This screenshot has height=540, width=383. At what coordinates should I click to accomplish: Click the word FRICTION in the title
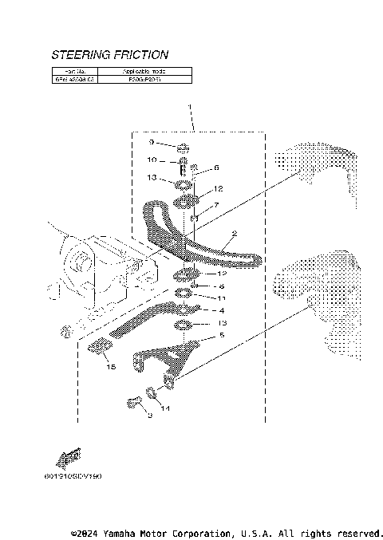pyautogui.click(x=141, y=55)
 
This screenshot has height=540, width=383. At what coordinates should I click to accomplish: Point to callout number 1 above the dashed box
pyautogui.click(x=190, y=107)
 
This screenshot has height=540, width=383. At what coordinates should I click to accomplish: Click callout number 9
pyautogui.click(x=150, y=143)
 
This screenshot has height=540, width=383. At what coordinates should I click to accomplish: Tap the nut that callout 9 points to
pyautogui.click(x=182, y=147)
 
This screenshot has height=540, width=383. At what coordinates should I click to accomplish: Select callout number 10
pyautogui.click(x=150, y=160)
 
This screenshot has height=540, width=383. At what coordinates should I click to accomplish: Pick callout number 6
pyautogui.click(x=215, y=168)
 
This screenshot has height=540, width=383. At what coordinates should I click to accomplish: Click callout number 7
pyautogui.click(x=215, y=205)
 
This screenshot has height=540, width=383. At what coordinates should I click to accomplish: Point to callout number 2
pyautogui.click(x=235, y=235)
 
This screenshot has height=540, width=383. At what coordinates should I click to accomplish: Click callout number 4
pyautogui.click(x=223, y=310)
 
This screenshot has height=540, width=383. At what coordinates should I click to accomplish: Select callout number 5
pyautogui.click(x=223, y=337)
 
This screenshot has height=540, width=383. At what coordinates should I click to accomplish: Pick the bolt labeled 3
pyautogui.click(x=128, y=402)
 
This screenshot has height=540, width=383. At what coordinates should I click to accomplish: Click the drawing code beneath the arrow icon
pyautogui.click(x=73, y=476)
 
